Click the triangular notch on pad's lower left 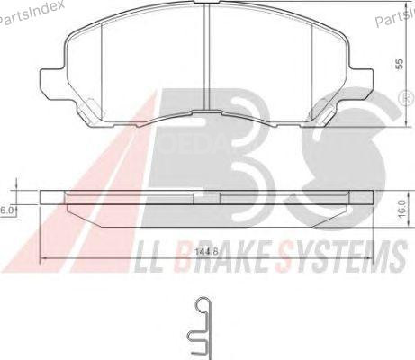pos(88,113)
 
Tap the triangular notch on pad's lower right pos(325,113)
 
